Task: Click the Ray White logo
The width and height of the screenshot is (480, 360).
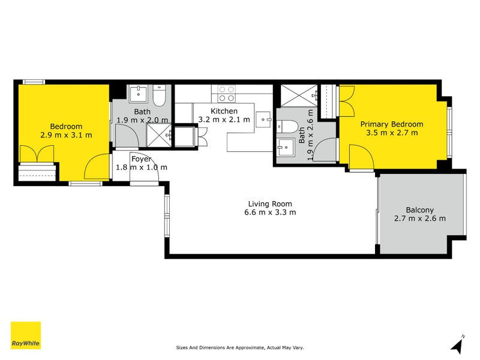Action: coord(26,335)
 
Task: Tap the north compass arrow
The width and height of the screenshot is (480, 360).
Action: coord(457,345)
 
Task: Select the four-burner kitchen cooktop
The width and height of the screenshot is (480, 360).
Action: coord(226,94)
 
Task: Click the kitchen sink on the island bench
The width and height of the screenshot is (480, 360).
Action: coord(263,119)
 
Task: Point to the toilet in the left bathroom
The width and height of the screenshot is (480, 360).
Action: coord(159,97)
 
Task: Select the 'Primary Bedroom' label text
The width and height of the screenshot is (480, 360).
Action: coord(391,124)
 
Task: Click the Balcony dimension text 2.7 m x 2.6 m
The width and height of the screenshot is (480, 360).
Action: coord(419,218)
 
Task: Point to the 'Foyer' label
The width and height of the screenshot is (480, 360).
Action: coord(141,158)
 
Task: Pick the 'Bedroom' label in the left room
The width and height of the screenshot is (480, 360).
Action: coord(65,126)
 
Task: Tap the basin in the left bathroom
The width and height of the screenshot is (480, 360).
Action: coord(139,94)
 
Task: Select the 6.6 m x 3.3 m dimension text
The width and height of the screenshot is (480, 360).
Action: coord(269,212)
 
